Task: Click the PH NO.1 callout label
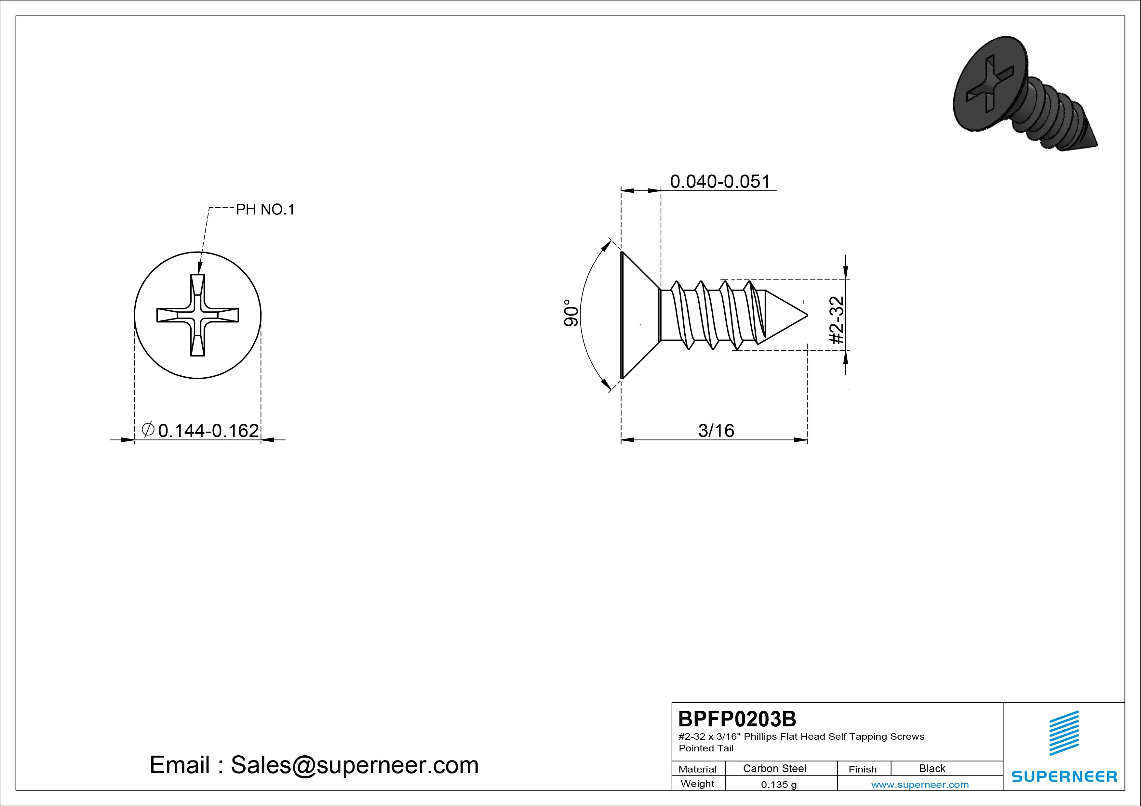coord(265,210)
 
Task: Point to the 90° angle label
coord(571,312)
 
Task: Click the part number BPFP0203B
coord(737,719)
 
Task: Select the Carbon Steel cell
coord(774,768)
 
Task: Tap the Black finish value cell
coord(932,768)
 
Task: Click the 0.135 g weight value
coord(779,785)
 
